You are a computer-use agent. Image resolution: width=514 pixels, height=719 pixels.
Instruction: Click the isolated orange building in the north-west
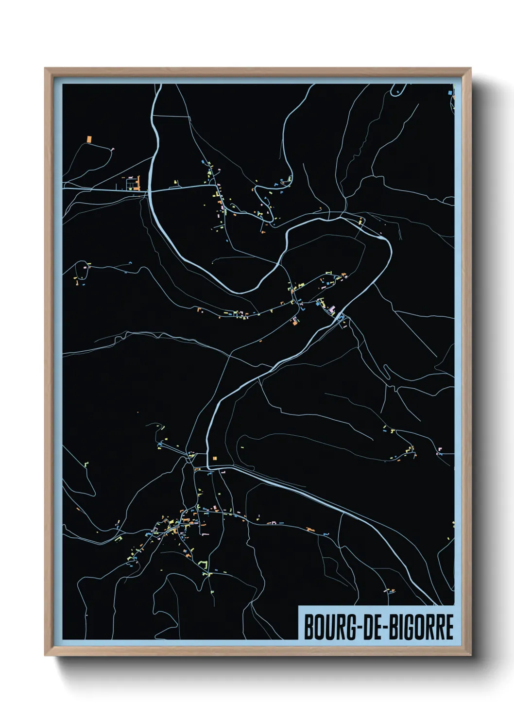click(89, 139)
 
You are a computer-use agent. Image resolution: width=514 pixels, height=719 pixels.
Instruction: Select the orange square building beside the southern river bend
click(214, 458)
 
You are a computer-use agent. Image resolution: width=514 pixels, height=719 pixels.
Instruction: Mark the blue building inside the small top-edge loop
click(397, 91)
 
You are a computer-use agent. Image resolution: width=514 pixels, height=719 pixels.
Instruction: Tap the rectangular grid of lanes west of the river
click(132, 184)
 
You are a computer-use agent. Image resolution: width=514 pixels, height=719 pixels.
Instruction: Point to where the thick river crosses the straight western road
click(150, 191)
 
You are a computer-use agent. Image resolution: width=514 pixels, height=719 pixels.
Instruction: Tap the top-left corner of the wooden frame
click(46, 69)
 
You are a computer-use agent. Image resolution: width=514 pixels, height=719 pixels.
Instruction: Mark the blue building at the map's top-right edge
click(453, 91)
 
